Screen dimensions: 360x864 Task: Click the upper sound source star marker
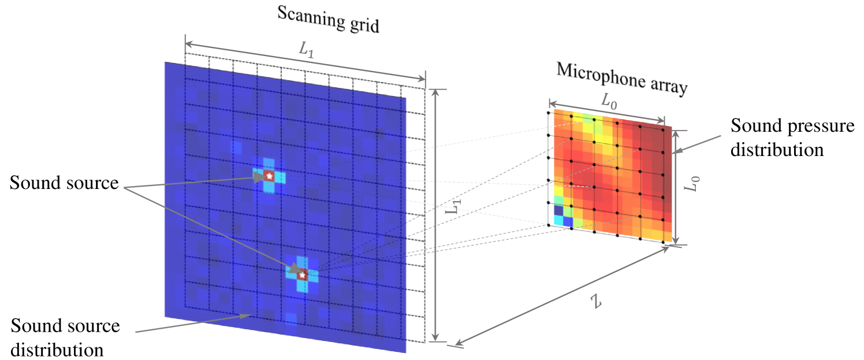[x=269, y=175]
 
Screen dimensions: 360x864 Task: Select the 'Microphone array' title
[x=621, y=77]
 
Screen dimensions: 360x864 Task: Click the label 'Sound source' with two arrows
[x=64, y=184]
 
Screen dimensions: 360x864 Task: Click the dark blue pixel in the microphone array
[x=558, y=210]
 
